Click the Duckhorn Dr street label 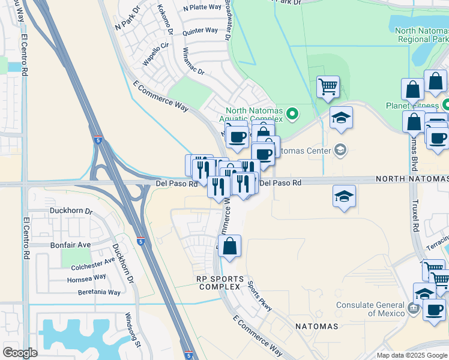(x=72, y=211)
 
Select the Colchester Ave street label (x=92, y=261)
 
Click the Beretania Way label (x=99, y=292)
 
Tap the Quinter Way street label (x=200, y=30)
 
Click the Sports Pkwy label (x=259, y=296)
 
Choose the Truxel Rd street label (x=415, y=215)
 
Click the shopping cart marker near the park (x=328, y=86)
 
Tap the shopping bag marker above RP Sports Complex (x=229, y=246)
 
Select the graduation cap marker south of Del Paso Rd (x=344, y=196)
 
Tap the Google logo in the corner (x=20, y=353)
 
